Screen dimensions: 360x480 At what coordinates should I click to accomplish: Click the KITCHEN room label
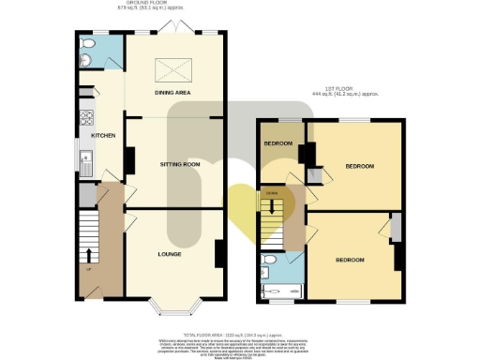coord(102,136)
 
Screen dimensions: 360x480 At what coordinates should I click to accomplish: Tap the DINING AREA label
coord(174,95)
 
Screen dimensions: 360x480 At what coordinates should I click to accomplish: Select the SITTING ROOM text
coord(179,164)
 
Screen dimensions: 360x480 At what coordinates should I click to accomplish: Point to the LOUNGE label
coord(169,254)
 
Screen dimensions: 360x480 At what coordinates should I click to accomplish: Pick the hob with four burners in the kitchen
coord(85,119)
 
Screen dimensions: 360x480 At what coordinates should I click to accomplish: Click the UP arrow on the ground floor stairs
coord(90,255)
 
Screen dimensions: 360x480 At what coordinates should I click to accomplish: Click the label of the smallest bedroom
coord(278,143)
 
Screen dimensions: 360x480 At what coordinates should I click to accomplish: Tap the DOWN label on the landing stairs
coord(272,193)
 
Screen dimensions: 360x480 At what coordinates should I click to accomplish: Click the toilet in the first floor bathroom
coord(268,259)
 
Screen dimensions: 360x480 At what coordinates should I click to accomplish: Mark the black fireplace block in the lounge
coord(218,253)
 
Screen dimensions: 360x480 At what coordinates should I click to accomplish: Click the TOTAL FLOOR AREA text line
coord(235,335)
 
